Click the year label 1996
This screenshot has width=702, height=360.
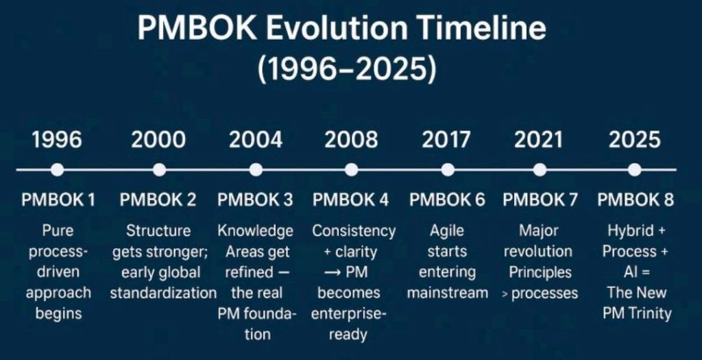[x=57, y=139]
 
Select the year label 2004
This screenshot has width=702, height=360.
[x=256, y=139]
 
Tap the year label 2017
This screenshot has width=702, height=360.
[x=446, y=139]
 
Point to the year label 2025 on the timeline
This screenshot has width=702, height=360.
[x=634, y=139]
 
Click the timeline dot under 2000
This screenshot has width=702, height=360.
[x=159, y=170]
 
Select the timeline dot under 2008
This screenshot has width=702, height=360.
[x=352, y=170]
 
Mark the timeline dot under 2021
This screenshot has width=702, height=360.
[x=540, y=170]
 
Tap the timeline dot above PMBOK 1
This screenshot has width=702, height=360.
[x=57, y=170]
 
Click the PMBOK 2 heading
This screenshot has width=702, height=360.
[x=158, y=200]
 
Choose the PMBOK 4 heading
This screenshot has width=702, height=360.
[x=350, y=200]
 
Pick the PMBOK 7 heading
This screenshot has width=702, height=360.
[x=540, y=200]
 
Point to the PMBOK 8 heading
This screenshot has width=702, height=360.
[x=636, y=200]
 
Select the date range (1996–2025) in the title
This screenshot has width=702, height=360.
[x=347, y=69]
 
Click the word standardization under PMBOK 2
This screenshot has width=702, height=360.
[x=163, y=293]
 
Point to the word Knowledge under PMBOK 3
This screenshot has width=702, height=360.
[x=255, y=231]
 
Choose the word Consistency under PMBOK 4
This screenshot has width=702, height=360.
[x=354, y=231]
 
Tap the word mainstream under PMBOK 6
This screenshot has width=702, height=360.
[x=447, y=293]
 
